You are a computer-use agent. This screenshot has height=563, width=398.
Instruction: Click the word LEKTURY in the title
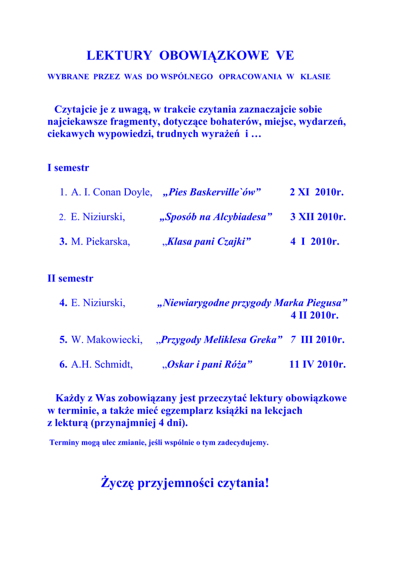pos(119,56)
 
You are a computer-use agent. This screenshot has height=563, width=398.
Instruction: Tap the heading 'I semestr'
pos(68,168)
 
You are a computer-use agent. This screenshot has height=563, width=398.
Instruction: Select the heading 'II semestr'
pos(70,279)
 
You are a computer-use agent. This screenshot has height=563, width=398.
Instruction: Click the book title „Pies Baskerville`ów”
pos(212,192)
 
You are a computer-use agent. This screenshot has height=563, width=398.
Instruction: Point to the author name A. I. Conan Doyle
pos(112,192)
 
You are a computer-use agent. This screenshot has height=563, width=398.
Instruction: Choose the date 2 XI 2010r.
pos(316,192)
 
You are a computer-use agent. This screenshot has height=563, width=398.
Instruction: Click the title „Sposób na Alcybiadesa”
pos(215,217)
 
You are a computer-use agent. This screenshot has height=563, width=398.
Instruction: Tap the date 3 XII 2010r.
pos(318,217)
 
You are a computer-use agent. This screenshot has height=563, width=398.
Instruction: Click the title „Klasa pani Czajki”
pos(207,241)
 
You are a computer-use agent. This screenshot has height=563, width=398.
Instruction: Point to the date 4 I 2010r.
pos(314,241)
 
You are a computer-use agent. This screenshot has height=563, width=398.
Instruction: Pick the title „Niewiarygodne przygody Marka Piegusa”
pos(252,303)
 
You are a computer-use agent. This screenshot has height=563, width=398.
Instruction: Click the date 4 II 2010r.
pos(314,315)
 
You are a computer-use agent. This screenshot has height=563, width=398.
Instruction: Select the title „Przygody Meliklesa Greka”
pos(220,340)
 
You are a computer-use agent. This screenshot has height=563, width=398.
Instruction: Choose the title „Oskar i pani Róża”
pos(208,364)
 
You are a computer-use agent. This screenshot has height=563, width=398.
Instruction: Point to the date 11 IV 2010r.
pos(317,364)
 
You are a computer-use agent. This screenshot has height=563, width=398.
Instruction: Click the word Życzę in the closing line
pos(117,483)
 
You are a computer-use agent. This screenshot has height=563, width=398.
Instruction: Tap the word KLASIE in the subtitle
pos(316,77)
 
